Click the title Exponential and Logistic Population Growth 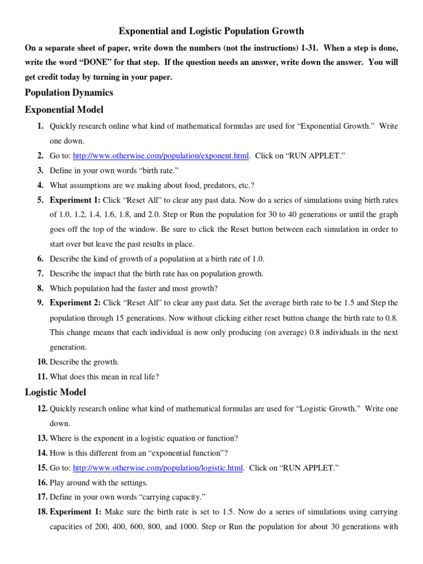211,31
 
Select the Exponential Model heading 64,110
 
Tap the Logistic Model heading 56,392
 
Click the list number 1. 41,126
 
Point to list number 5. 41,200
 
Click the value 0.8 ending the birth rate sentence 391,318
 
